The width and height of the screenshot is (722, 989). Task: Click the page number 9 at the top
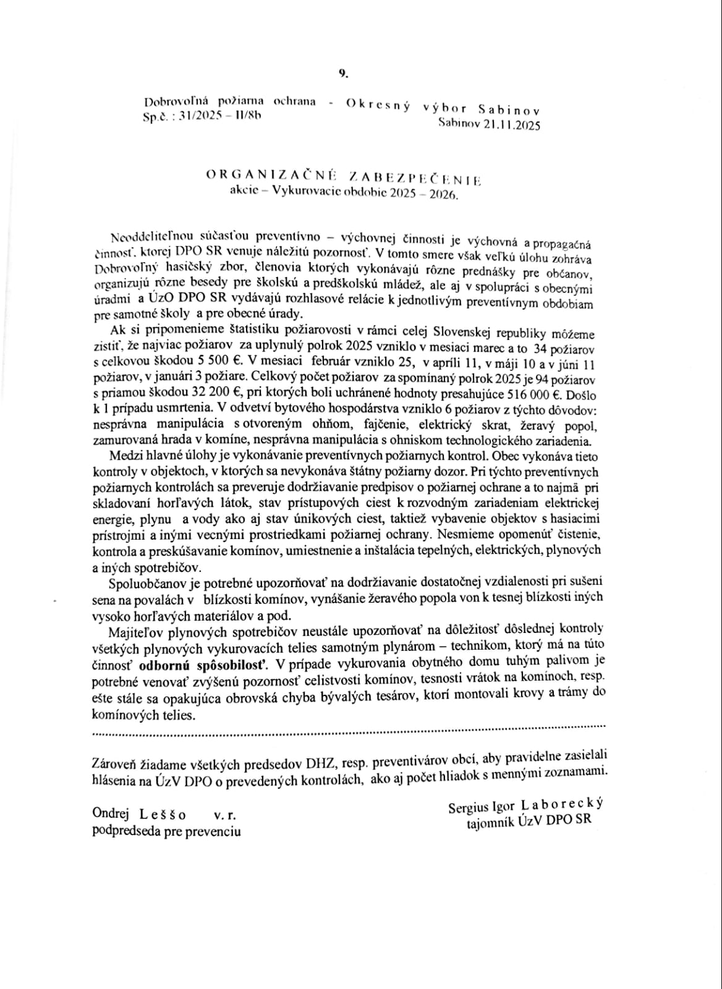pos(343,73)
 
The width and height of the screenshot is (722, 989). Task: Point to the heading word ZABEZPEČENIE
pos(415,179)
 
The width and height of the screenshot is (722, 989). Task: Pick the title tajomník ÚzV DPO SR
pos(529,821)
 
